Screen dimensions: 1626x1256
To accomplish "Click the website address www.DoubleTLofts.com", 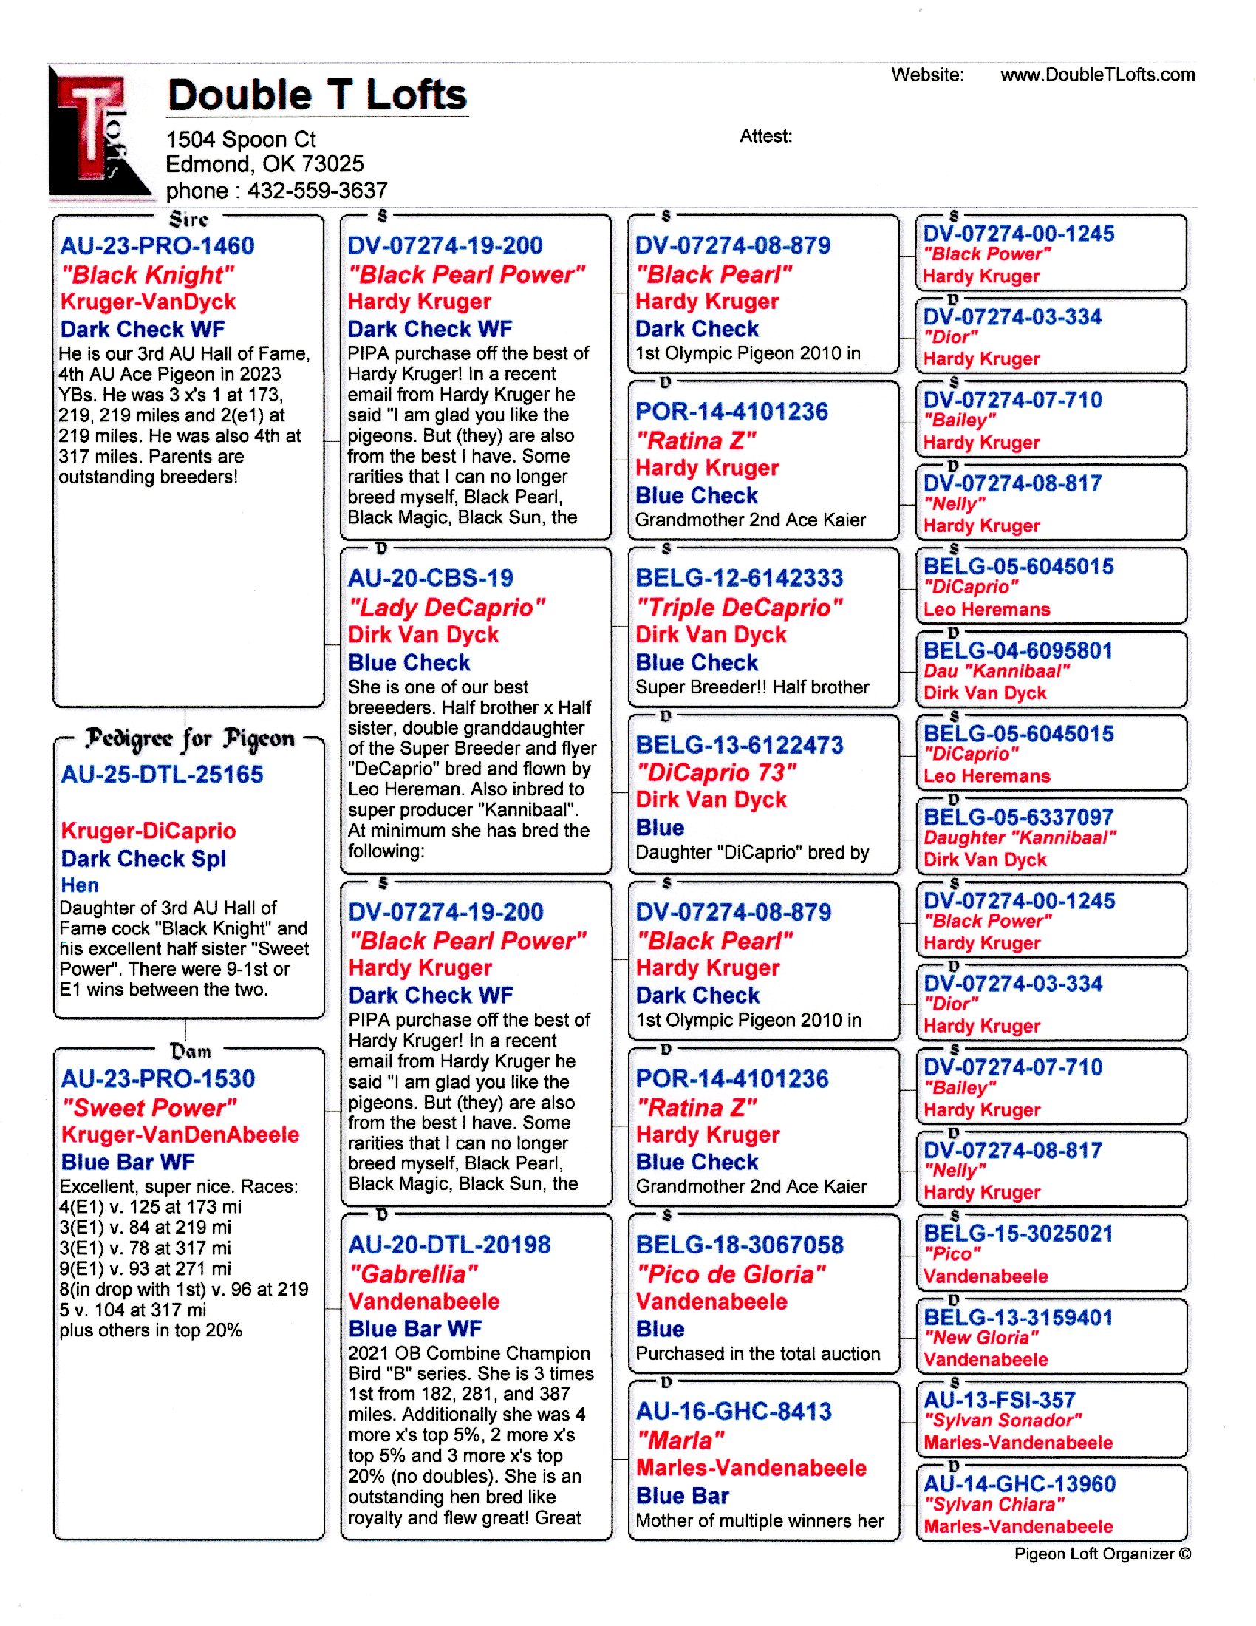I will tap(1096, 75).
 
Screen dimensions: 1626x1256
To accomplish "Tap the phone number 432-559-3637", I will tap(317, 191).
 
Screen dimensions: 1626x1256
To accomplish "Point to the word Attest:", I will tap(765, 136).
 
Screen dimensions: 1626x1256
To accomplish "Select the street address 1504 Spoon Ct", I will tap(240, 139).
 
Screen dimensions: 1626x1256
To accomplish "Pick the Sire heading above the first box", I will tap(188, 219).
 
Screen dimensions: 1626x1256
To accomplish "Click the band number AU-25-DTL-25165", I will tap(162, 775).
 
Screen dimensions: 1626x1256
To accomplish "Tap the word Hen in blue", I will tap(80, 885).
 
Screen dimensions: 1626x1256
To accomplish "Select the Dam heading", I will tap(190, 1050).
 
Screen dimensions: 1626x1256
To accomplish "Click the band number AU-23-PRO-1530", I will tap(158, 1078).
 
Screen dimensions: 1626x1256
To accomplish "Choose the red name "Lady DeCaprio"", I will tap(446, 608).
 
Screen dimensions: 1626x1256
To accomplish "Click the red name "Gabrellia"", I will tap(413, 1274).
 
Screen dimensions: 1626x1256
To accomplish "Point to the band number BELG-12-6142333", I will tap(739, 578).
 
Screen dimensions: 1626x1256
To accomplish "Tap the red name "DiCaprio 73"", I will tap(716, 773).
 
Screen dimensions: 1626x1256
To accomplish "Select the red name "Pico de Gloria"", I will tap(731, 1274).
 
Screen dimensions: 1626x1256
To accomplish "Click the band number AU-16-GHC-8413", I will tap(733, 1411).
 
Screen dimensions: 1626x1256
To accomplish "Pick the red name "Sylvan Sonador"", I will tap(1003, 1421).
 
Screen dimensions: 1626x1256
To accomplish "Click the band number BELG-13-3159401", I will tap(1017, 1317).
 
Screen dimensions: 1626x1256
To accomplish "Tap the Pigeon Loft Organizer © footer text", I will tap(1102, 1554).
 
